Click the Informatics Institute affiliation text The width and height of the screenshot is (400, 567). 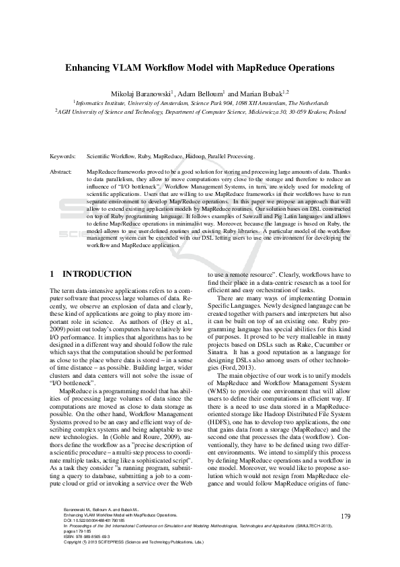coord(101,102)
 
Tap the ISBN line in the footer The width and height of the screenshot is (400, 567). coord(83,554)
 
